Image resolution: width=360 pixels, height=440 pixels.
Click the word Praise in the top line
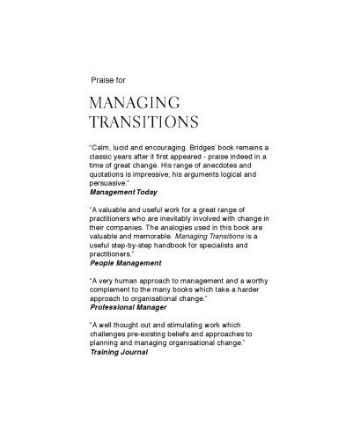pos(103,80)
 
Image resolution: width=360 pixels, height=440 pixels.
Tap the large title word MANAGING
pos(135,103)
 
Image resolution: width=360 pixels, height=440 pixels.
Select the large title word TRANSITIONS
pos(144,122)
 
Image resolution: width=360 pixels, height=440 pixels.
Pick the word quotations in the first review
pos(112,173)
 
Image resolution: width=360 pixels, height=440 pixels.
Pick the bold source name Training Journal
pos(119,361)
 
